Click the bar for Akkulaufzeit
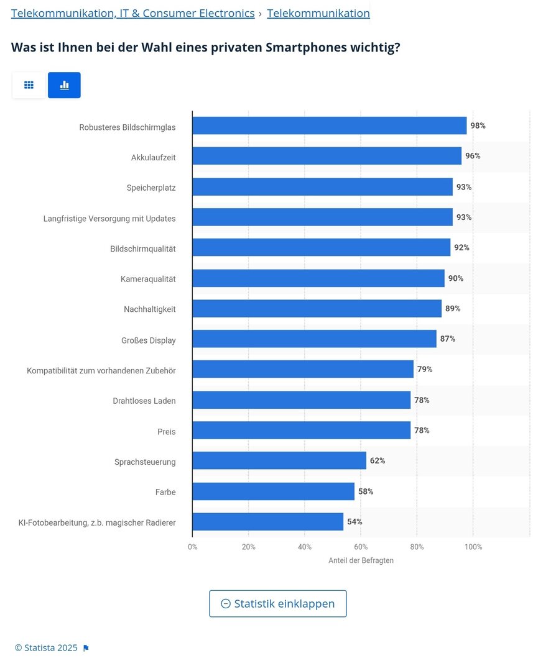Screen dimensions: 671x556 point(327,156)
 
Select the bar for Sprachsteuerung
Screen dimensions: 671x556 point(279,460)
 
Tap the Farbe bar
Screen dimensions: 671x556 point(273,491)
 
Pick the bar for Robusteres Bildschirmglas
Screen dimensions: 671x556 point(329,126)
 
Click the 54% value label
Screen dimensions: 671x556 point(354,522)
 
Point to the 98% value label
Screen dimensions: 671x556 point(478,126)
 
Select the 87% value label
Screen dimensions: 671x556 point(448,339)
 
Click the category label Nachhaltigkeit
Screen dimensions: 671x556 point(149,309)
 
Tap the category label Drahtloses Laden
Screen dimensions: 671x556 point(144,401)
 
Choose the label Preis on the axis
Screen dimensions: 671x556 point(166,431)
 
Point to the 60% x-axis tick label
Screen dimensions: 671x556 point(361,547)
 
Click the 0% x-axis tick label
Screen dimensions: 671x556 point(193,547)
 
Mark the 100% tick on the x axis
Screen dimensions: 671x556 point(473,547)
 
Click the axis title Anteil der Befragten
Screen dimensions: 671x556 point(361,560)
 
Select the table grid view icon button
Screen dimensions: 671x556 point(29,85)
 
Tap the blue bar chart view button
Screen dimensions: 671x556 point(64,85)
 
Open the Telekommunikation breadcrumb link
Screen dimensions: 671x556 point(318,13)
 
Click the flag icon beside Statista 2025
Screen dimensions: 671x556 point(86,648)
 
